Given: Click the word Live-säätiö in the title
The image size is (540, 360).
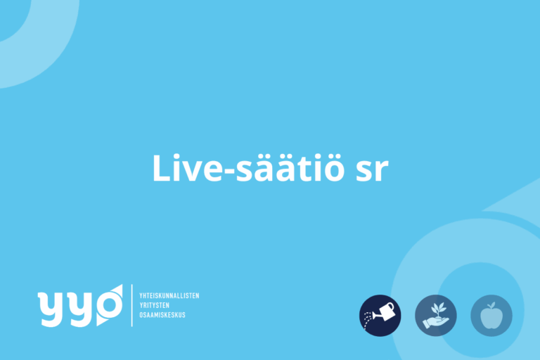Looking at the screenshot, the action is (248, 168).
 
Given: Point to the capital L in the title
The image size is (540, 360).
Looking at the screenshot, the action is (161, 168).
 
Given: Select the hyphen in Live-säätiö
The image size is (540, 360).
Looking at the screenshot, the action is (229, 172).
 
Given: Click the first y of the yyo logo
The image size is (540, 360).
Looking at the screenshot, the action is (52, 309).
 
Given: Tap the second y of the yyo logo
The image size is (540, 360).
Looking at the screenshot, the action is (81, 309).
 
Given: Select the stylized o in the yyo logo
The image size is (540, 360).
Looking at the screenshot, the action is (110, 305).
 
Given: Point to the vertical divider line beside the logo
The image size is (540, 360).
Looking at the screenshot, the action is (132, 305).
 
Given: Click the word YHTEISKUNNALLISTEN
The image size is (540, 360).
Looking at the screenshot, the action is (169, 295).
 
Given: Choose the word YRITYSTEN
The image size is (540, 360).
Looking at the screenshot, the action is (154, 305).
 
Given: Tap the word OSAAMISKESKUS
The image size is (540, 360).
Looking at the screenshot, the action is (162, 315).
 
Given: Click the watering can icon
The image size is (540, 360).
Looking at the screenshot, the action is (380, 315).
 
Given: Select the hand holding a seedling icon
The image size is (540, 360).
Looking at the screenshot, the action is (436, 315).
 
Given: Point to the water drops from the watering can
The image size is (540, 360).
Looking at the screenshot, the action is (368, 319).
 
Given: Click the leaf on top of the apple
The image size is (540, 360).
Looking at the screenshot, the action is (492, 305).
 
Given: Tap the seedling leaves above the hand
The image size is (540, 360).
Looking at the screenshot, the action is (438, 309).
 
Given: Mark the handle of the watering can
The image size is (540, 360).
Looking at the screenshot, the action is (390, 307).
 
